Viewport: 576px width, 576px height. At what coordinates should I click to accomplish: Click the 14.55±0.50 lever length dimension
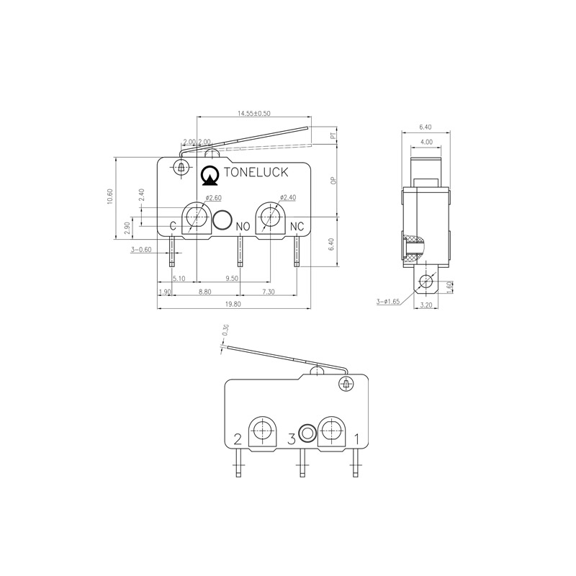click(x=253, y=114)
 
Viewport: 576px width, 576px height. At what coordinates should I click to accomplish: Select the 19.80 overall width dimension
click(x=233, y=305)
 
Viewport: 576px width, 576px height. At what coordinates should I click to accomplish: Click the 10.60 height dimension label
click(x=109, y=197)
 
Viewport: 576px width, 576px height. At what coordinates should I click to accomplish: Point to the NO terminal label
click(x=243, y=227)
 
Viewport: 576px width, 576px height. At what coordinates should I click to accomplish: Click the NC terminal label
click(x=297, y=227)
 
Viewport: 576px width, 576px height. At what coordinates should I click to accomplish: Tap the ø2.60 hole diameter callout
click(x=212, y=198)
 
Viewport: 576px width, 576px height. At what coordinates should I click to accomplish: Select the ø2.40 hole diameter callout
click(x=287, y=197)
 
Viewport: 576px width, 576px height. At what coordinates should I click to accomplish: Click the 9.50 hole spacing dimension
click(x=233, y=278)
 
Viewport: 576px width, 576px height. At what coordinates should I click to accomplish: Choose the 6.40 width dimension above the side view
click(x=426, y=127)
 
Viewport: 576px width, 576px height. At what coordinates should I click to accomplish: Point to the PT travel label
click(x=333, y=135)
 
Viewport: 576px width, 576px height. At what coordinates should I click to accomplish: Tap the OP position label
click(x=333, y=181)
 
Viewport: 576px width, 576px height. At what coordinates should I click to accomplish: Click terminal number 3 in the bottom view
click(x=292, y=438)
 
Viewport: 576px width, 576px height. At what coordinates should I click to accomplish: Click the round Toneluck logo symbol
click(x=211, y=174)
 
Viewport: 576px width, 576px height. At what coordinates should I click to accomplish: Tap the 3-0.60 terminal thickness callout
click(x=141, y=250)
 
